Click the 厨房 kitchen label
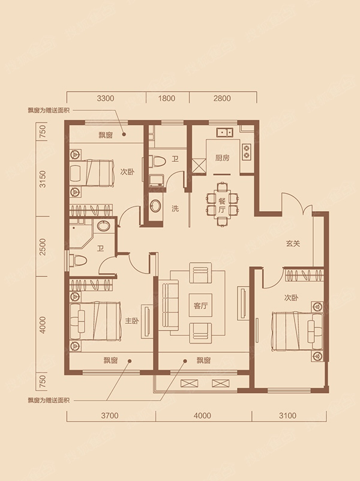[x=222, y=158]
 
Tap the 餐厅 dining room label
[x=222, y=206]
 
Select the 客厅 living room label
[x=201, y=305]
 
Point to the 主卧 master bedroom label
[x=131, y=321]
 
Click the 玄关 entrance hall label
[x=292, y=243]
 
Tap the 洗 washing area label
[x=175, y=209]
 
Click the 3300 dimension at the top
[x=105, y=98]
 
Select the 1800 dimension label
[x=167, y=98]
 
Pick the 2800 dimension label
[x=222, y=98]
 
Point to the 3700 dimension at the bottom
[x=110, y=416]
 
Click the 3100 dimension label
[x=287, y=416]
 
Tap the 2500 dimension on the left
[x=43, y=246]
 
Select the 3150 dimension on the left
[x=43, y=179]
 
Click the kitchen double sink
[x=225, y=133]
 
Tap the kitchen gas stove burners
[x=246, y=152]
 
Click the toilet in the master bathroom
[x=78, y=260]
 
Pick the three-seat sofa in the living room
[x=170, y=305]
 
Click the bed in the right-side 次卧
[x=298, y=331]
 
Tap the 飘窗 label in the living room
[x=203, y=360]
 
